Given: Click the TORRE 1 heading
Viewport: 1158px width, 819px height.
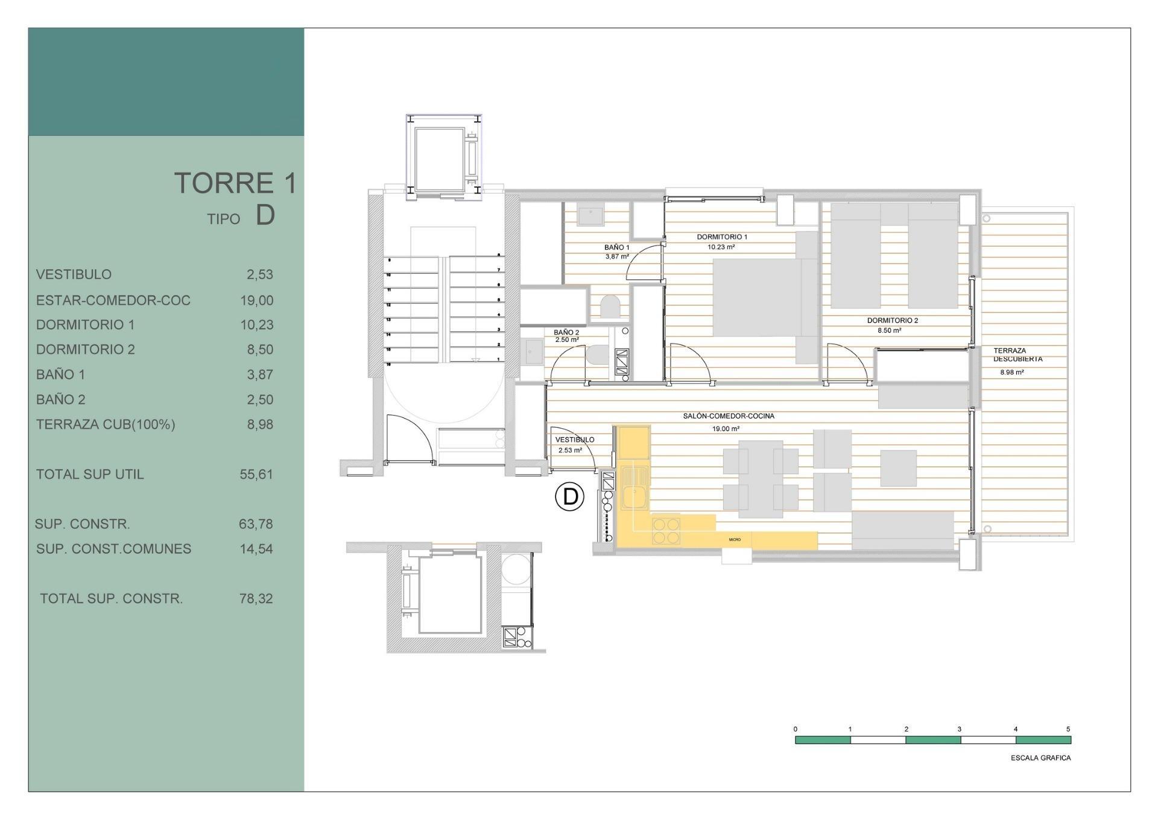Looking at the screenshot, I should [235, 183].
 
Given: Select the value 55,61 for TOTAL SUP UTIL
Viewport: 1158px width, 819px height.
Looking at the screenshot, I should [256, 474].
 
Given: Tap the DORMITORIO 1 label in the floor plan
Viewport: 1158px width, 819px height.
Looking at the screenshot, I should [721, 237].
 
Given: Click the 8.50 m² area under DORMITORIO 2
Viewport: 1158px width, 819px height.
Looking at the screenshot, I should [889, 330].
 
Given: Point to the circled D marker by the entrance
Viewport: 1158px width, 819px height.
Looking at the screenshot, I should [569, 497].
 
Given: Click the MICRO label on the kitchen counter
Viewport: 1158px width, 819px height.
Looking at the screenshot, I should [734, 540].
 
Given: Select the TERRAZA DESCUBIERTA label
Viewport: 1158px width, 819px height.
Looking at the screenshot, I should [1017, 355].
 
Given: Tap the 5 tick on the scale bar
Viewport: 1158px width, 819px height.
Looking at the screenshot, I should [1068, 729].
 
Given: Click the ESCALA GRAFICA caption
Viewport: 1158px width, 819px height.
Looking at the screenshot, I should [1040, 758].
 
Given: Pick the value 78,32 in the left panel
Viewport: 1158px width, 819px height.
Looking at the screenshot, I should [256, 598].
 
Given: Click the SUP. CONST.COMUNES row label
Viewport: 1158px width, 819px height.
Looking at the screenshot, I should [113, 549].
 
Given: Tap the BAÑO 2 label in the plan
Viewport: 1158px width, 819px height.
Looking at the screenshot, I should [566, 332].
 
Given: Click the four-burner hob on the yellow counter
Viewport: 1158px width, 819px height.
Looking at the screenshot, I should [666, 531].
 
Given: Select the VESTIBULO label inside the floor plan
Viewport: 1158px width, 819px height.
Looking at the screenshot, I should [574, 440].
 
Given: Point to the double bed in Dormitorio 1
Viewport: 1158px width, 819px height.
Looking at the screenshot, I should [759, 297].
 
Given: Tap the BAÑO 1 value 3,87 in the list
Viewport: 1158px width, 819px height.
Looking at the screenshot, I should [259, 375].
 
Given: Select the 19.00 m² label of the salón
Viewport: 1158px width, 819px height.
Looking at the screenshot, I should [726, 429].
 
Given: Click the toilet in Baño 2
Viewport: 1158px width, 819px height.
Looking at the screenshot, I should [597, 354].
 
